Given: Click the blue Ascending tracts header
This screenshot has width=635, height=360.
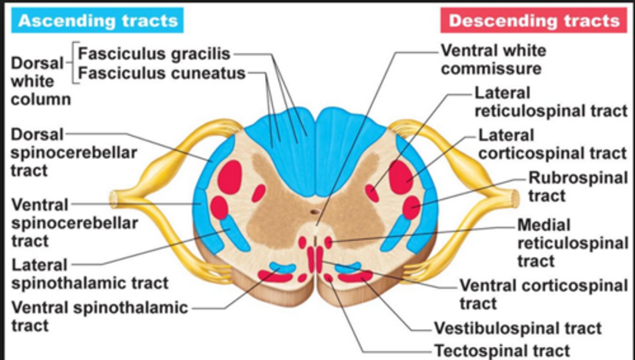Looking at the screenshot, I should pyautogui.click(x=97, y=21).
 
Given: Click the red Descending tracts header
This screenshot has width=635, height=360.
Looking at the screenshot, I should pyautogui.click(x=534, y=21).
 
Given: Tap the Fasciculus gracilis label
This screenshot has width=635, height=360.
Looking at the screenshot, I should pyautogui.click(x=154, y=54).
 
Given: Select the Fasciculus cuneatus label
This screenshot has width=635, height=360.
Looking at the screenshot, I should pyautogui.click(x=161, y=73).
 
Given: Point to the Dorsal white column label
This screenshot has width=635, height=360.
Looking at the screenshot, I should pyautogui.click(x=40, y=81).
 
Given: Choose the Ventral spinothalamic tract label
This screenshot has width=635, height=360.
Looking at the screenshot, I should pyautogui.click(x=100, y=316).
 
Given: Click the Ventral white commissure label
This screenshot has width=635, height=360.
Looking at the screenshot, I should pyautogui.click(x=493, y=60).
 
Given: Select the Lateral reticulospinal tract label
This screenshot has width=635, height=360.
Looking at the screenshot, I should pyautogui.click(x=550, y=102).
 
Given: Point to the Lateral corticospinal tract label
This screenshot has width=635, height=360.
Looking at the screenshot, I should pyautogui.click(x=552, y=144).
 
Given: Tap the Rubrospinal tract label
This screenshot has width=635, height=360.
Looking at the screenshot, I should pyautogui.click(x=578, y=186).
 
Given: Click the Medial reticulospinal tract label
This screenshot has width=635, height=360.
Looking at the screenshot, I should pyautogui.click(x=572, y=243).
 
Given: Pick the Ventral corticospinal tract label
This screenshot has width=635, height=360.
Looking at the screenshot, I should pyautogui.click(x=543, y=294).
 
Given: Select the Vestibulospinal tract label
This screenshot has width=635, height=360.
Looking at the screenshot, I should pyautogui.click(x=518, y=328).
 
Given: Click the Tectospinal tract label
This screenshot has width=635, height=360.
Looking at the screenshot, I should pyautogui.click(x=502, y=351).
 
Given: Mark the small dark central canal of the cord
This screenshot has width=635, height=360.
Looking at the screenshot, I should pyautogui.click(x=314, y=212).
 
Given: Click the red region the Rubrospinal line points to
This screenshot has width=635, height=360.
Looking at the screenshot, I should pyautogui.click(x=411, y=208).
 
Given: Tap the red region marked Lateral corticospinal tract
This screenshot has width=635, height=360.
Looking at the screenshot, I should pyautogui.click(x=400, y=177).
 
